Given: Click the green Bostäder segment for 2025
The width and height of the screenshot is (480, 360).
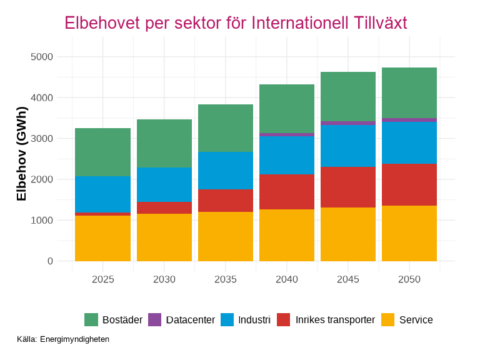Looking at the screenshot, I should point(102,152).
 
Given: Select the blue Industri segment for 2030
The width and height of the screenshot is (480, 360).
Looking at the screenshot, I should point(164,184).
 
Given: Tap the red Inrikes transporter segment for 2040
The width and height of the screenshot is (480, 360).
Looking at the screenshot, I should point(287,192).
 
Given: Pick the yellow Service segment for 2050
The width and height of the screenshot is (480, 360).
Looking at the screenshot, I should point(409,233).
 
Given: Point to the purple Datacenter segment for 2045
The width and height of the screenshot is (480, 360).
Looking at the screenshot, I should point(348,123).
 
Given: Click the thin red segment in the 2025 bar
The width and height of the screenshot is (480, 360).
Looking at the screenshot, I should point(102,214).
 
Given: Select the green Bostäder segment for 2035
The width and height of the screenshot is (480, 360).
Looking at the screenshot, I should point(226,128).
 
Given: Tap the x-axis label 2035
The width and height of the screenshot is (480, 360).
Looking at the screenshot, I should point(226,279).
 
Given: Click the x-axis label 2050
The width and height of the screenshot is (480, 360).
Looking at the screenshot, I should point(409,279).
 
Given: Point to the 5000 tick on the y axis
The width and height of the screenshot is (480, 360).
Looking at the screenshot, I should point(41,57).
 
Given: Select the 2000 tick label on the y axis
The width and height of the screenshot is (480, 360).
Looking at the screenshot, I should point(41,179).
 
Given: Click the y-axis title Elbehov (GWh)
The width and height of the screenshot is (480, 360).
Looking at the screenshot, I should point(22,154).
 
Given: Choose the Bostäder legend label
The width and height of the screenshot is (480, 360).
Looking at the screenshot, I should point(122,320).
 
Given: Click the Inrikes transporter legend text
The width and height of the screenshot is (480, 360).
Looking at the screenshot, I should point(335,320).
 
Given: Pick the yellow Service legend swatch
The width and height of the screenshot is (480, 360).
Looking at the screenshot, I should point(388,320).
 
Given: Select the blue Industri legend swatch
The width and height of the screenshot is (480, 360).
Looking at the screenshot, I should point(227,320).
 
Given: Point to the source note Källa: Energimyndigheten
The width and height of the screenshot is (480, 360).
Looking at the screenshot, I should point(63,339).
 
